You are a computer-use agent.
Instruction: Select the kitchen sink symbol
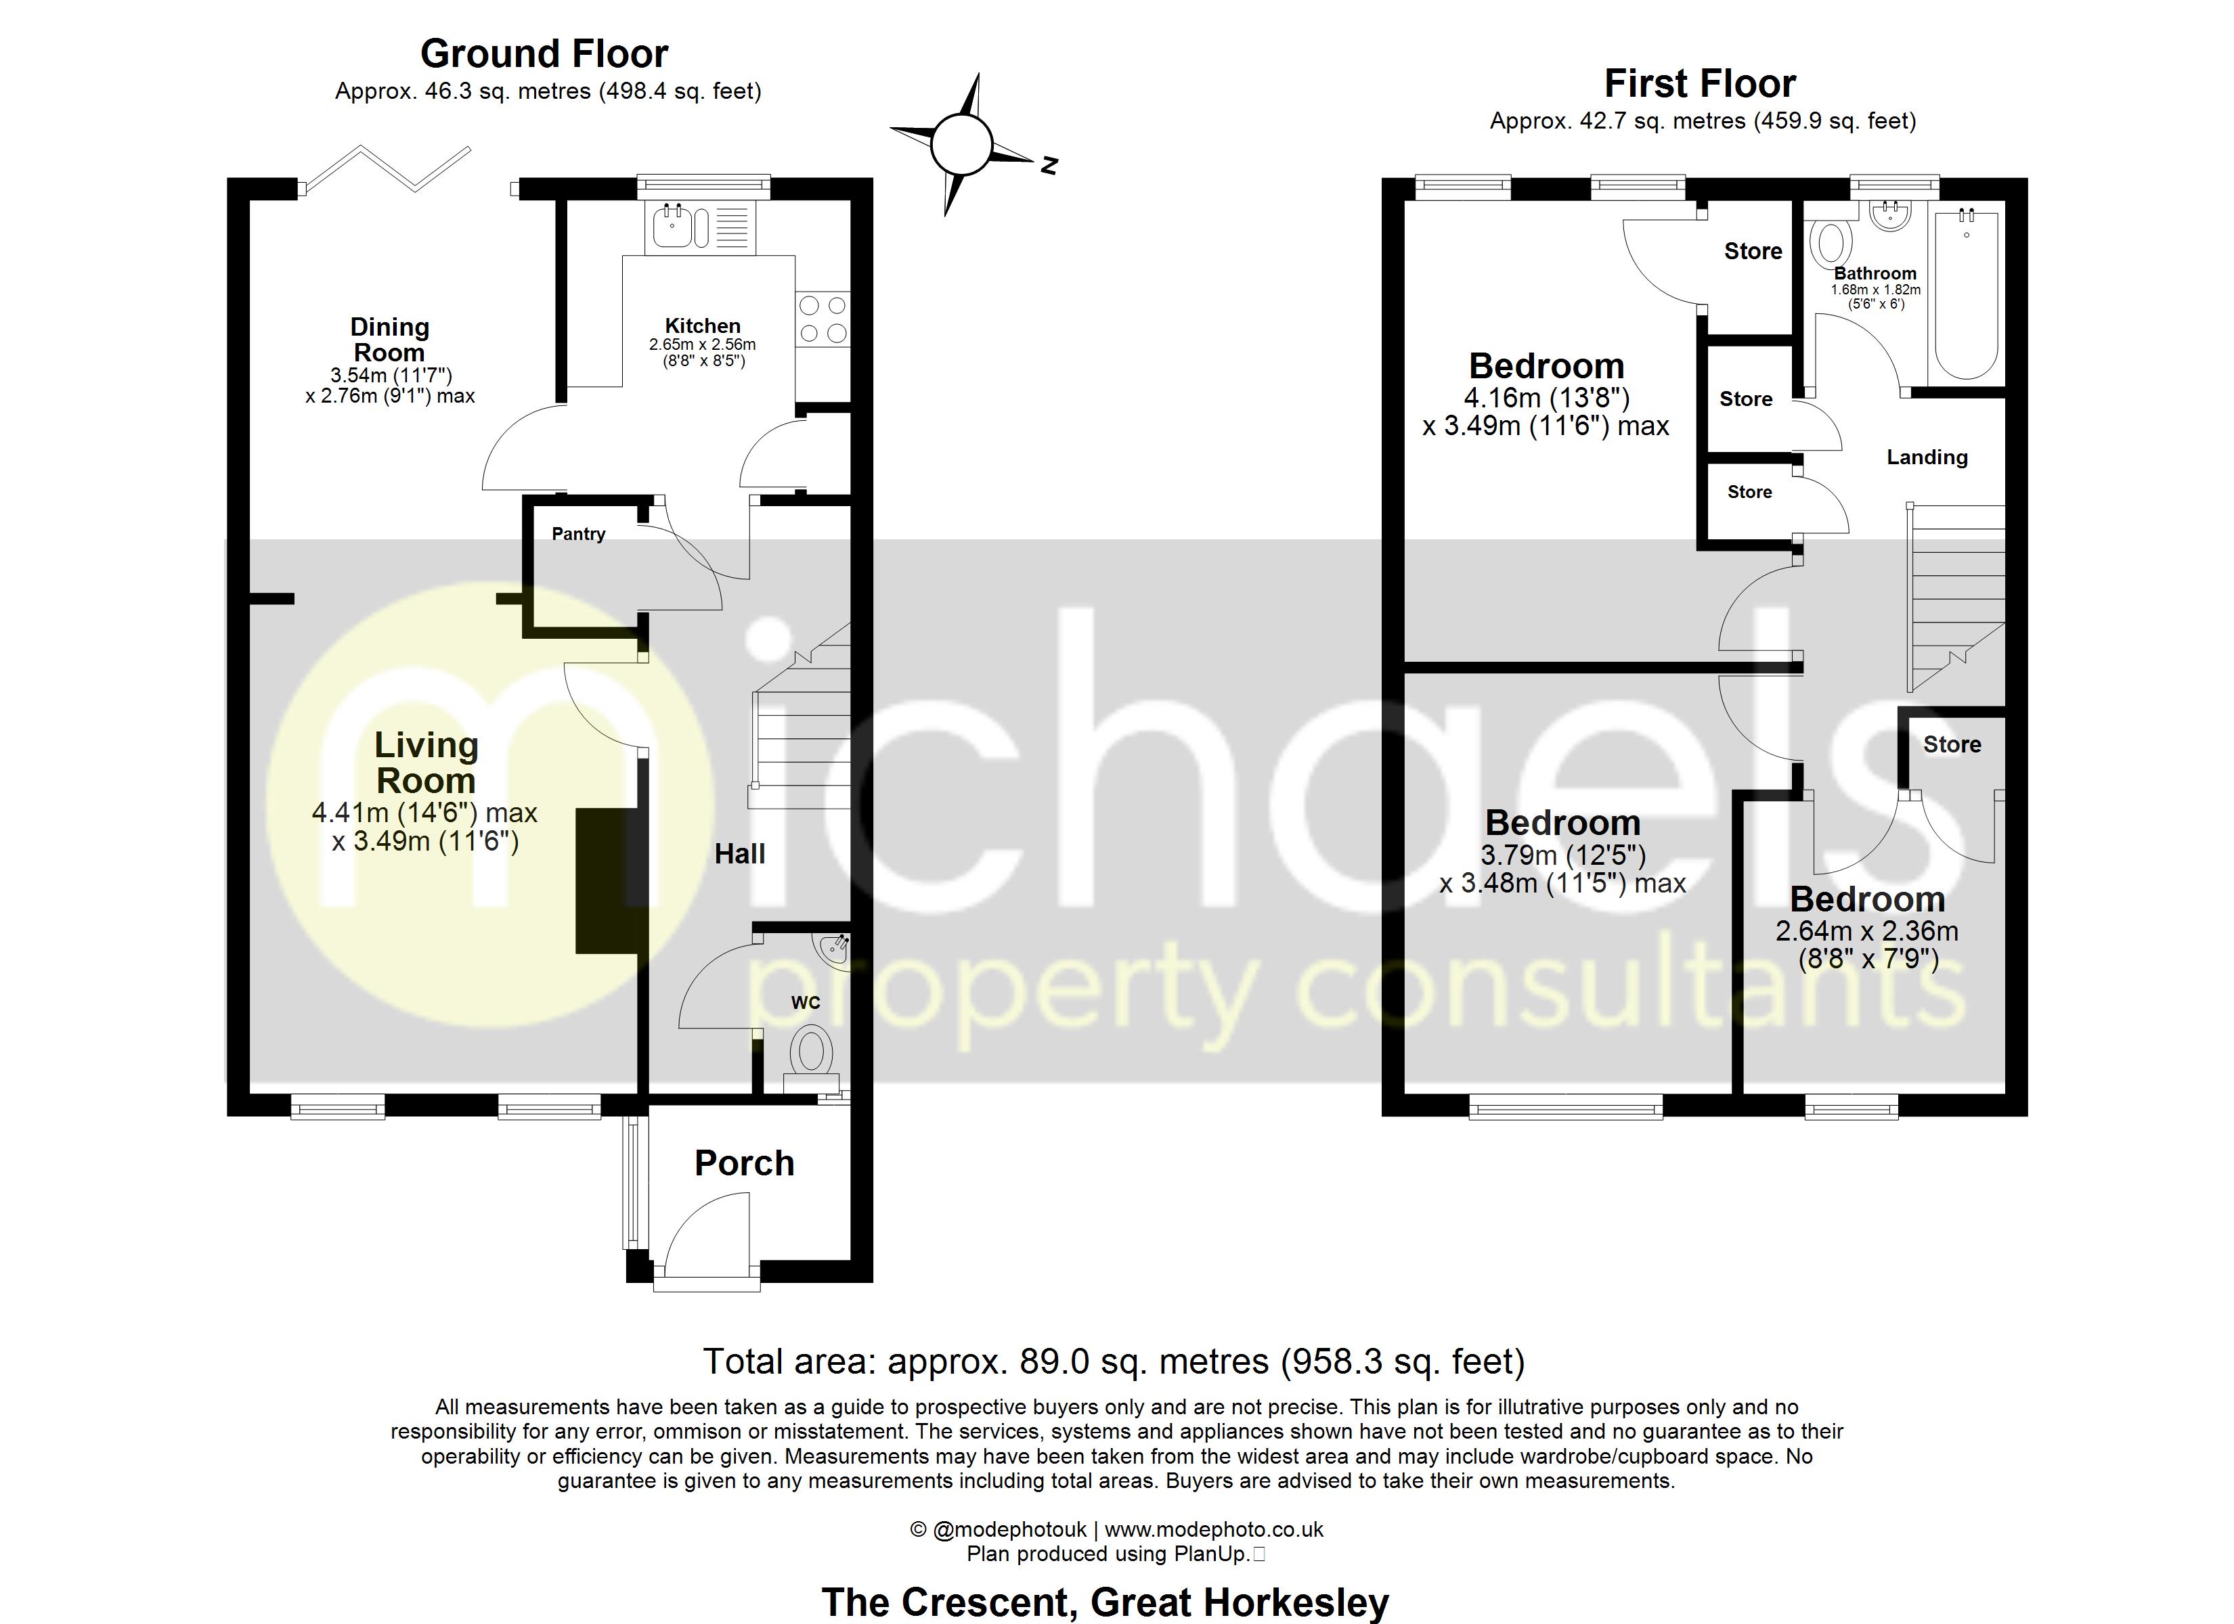[x=675, y=227]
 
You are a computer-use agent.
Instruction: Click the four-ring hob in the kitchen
[x=823, y=319]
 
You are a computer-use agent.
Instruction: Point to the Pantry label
[x=578, y=534]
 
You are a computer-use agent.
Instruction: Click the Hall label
[x=740, y=854]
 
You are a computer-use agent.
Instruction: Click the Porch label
[x=744, y=1163]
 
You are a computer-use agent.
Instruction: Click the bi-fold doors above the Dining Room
[x=386, y=167]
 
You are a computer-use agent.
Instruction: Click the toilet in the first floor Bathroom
[x=1831, y=242]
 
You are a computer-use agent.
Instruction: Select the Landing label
[x=1927, y=457]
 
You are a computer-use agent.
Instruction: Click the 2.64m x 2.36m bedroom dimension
[x=1866, y=930]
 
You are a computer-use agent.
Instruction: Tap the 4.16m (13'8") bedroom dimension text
[x=1546, y=398]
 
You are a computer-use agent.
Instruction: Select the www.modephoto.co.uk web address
[x=1214, y=1529]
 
